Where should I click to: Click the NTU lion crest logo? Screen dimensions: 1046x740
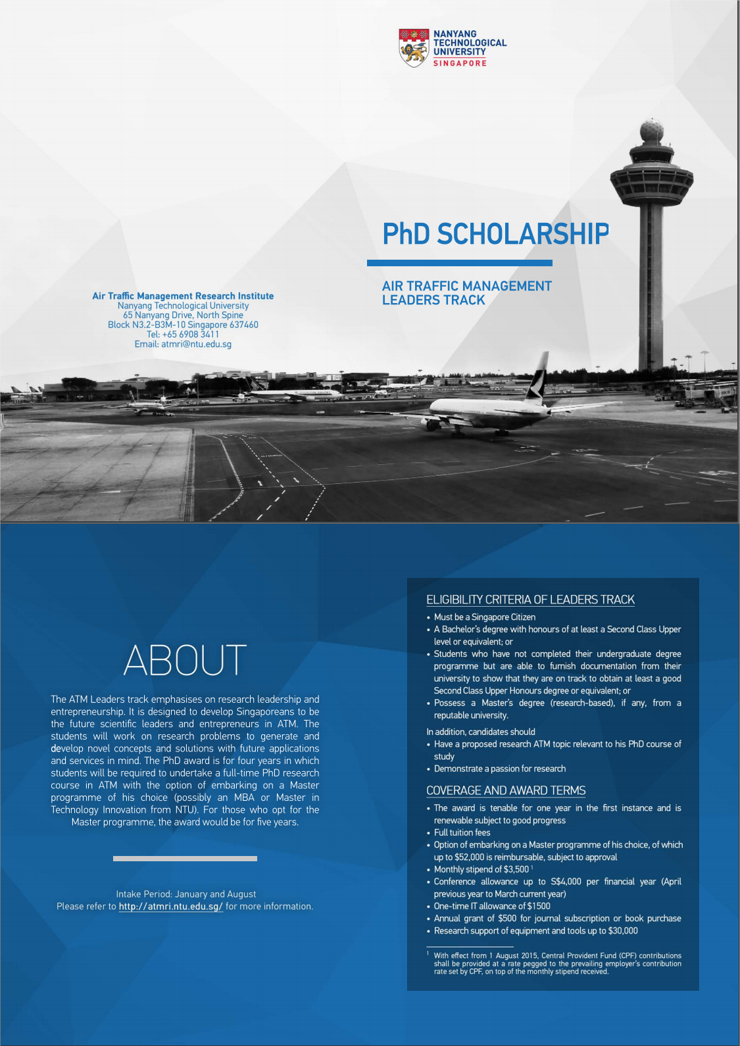[x=414, y=47]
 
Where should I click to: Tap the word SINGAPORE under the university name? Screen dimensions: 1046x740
[x=460, y=63]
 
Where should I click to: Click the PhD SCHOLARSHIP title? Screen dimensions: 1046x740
[x=496, y=234]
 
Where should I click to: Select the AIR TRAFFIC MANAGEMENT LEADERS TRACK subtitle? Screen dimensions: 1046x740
[x=466, y=293]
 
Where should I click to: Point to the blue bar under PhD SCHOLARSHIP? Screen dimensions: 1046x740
[x=459, y=263]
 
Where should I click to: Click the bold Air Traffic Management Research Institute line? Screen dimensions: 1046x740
[x=183, y=296]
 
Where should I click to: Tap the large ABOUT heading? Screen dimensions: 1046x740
[x=185, y=660]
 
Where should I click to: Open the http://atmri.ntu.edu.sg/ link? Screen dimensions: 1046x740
[x=170, y=906]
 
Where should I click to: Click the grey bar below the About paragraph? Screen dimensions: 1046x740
[x=185, y=859]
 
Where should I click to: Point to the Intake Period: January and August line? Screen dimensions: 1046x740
[x=185, y=894]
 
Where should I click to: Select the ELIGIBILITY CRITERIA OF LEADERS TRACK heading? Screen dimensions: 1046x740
[x=530, y=600]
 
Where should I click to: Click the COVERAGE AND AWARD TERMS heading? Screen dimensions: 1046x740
[x=505, y=790]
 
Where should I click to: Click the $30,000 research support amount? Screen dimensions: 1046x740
[x=623, y=931]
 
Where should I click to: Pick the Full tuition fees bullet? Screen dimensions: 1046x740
[x=462, y=832]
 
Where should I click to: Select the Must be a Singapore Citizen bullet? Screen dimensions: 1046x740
[x=484, y=617]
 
